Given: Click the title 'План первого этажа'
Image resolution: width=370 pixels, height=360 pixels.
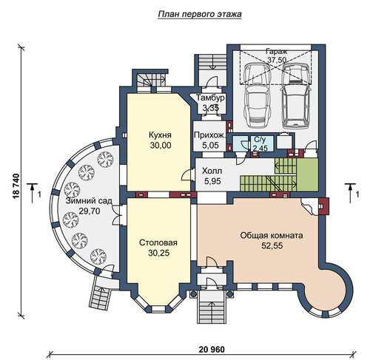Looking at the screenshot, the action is [200, 14].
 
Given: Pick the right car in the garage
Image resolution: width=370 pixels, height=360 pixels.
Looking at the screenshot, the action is [296, 96].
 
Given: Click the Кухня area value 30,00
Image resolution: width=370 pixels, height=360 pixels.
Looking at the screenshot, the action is [161, 146].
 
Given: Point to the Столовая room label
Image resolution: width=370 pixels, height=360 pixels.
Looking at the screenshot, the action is [158, 242].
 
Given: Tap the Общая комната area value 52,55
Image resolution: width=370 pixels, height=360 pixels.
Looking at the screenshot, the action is [272, 245].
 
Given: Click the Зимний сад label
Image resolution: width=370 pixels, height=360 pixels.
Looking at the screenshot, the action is [89, 201].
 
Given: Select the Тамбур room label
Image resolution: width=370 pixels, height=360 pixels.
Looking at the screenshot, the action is [210, 98].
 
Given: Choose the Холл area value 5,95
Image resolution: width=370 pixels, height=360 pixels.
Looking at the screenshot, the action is [212, 181].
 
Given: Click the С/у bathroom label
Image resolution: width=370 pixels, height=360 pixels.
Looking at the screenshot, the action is [260, 140].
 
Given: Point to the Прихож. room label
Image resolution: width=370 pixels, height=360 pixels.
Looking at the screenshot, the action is [209, 135].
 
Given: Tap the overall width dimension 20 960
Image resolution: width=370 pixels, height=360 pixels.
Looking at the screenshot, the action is [212, 349].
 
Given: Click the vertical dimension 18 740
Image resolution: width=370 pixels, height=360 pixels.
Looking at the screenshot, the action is [16, 186].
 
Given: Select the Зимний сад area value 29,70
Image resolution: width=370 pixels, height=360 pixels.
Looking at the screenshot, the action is [90, 211].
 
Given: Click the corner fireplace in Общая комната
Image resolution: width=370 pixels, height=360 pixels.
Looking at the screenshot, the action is [309, 206].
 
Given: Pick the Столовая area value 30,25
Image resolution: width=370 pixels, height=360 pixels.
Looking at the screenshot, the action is [159, 253].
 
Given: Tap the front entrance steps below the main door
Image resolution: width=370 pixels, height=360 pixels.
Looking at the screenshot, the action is [212, 307].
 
